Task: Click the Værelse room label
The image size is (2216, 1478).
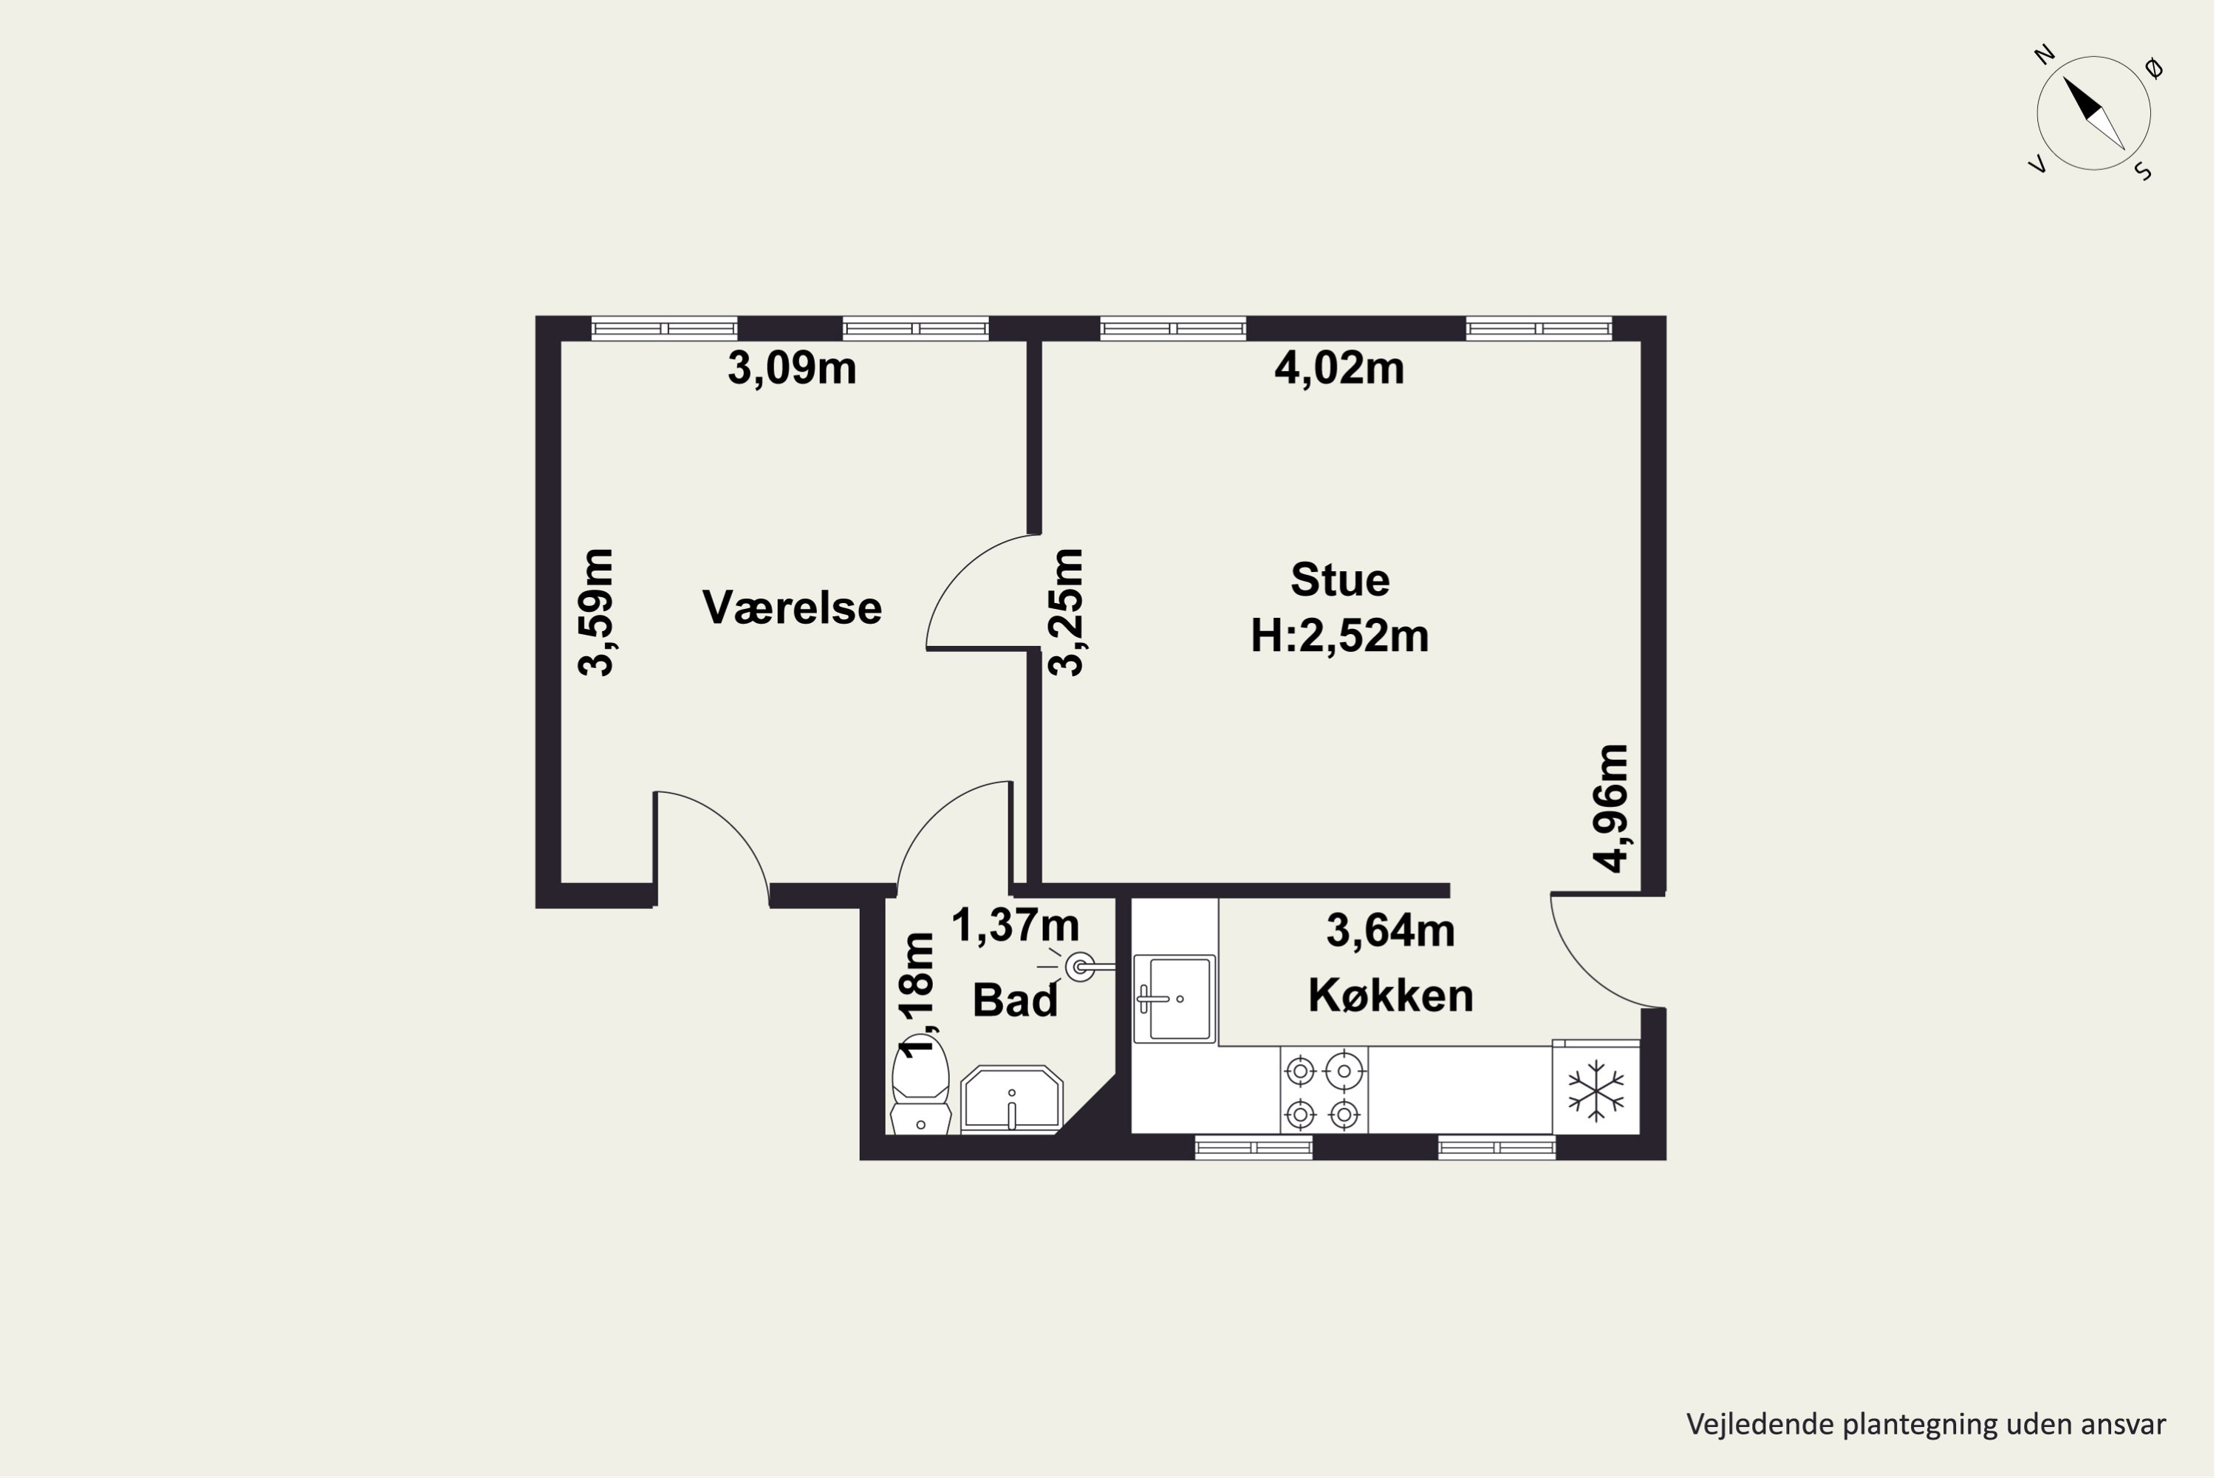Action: (x=791, y=608)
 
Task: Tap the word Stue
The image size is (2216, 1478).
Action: (x=1340, y=579)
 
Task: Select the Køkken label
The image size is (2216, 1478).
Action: (x=1391, y=995)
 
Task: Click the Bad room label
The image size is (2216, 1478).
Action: (x=1015, y=1000)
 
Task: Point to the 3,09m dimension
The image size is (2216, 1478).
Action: (x=791, y=369)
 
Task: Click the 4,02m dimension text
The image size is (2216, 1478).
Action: (x=1338, y=369)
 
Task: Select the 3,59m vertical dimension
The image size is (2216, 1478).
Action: (x=595, y=612)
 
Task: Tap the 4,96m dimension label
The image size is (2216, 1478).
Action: (x=1610, y=808)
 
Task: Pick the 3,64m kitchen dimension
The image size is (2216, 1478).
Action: (x=1391, y=931)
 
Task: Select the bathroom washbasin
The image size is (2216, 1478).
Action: (x=1011, y=1099)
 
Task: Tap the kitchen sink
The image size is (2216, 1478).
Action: (x=1174, y=999)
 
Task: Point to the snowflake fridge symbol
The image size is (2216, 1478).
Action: (x=1596, y=1091)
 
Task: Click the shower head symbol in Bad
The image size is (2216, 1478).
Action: (x=1080, y=967)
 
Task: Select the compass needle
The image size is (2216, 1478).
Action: (x=2093, y=113)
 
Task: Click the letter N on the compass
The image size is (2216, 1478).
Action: (x=2044, y=55)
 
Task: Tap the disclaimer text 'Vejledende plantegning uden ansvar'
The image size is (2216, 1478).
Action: (x=1926, y=1424)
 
